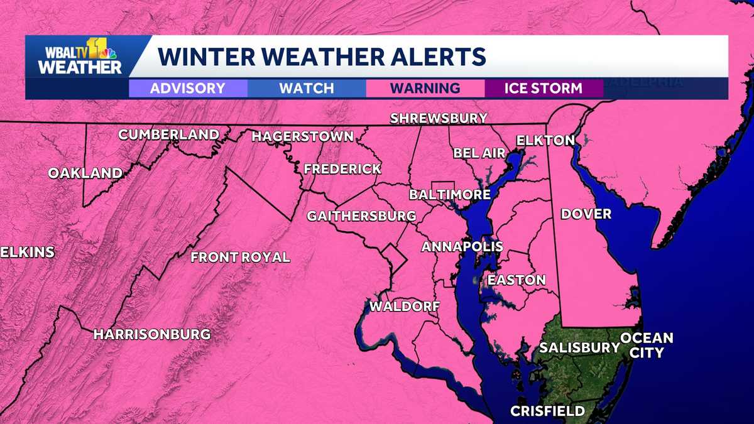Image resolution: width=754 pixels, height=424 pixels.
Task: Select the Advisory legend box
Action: click(187, 88)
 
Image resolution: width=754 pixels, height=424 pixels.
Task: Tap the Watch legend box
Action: click(307, 88)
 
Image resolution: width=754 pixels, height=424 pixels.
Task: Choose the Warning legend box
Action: click(425, 88)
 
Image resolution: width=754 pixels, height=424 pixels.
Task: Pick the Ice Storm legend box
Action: click(544, 88)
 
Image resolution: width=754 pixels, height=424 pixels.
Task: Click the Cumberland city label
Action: click(169, 134)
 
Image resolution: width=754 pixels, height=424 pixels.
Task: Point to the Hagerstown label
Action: click(303, 136)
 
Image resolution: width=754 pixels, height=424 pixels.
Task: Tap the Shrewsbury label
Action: click(439, 118)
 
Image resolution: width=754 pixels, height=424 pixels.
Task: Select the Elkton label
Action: click(545, 140)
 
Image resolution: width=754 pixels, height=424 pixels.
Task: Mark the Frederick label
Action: click(342, 169)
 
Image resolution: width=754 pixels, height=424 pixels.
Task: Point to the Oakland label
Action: click(85, 173)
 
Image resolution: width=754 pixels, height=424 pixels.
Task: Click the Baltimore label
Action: click(449, 195)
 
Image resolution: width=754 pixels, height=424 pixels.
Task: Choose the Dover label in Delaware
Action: click(586, 214)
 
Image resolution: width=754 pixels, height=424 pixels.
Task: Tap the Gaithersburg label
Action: click(361, 216)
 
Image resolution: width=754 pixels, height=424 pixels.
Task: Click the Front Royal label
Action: click(241, 257)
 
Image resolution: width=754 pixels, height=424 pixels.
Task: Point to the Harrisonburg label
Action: click(152, 334)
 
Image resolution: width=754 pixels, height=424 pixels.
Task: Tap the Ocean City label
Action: click(647, 345)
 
